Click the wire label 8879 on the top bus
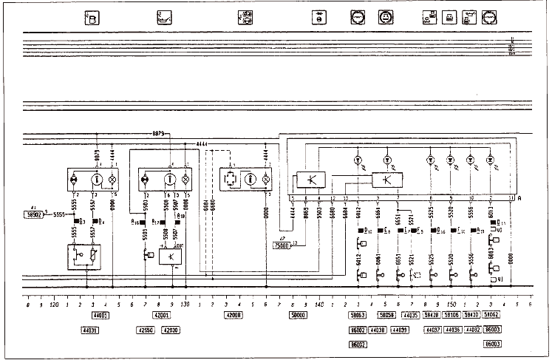click(x=158, y=134)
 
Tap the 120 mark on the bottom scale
click(x=53, y=304)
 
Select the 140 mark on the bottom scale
click(x=319, y=304)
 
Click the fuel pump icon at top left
click(x=91, y=17)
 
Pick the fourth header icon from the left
click(x=316, y=17)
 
